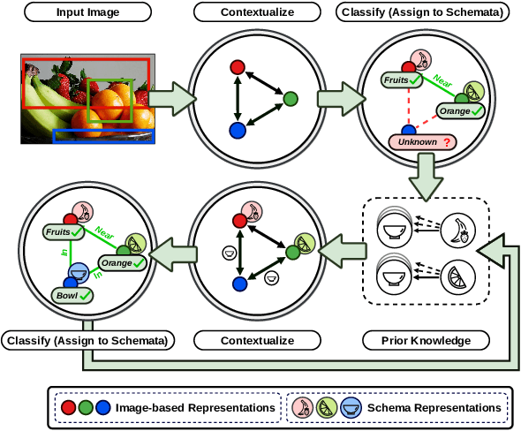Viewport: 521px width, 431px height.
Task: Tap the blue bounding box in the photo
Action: (x=103, y=136)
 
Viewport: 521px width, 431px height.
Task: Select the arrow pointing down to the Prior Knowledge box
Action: (x=427, y=174)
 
